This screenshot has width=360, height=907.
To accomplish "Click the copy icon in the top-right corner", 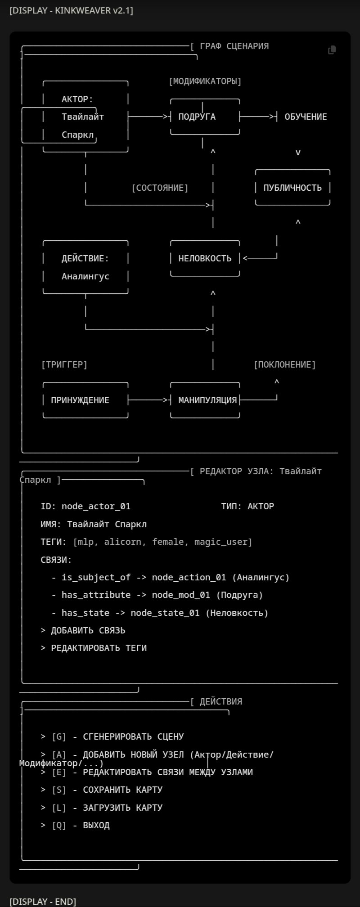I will click(332, 50).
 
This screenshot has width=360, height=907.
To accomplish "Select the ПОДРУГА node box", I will click(205, 117).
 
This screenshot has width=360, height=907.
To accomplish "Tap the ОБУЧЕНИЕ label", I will click(306, 117).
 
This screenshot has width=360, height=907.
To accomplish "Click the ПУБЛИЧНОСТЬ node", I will click(292, 188).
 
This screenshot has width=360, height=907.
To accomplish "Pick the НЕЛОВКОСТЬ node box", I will click(205, 258).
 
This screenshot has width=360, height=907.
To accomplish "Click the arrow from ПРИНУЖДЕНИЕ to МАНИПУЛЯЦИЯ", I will click(148, 400).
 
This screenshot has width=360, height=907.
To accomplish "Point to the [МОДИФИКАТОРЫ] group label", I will click(205, 81).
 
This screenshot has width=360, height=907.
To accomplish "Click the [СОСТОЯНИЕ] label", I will click(160, 188).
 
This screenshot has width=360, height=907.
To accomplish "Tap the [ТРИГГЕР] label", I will click(64, 364).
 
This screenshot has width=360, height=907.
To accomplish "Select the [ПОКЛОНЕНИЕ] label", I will click(285, 364).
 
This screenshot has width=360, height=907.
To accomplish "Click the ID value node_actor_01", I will click(96, 506).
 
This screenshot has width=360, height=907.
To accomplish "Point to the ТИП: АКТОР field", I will click(247, 506).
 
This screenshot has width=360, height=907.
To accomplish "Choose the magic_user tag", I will click(222, 542).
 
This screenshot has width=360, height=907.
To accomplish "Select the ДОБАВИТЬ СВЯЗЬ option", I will click(88, 630).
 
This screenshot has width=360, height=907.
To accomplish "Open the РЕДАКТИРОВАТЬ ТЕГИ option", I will click(99, 648).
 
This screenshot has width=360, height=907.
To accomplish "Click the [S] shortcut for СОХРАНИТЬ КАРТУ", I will click(59, 790).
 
